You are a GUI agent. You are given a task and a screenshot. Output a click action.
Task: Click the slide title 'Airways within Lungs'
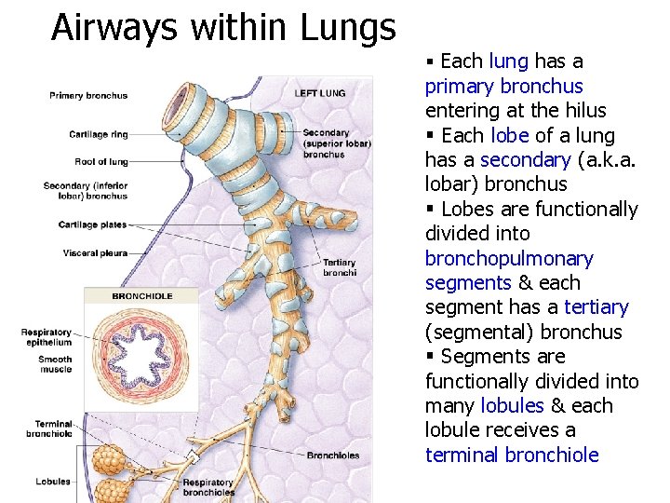(x=223, y=27)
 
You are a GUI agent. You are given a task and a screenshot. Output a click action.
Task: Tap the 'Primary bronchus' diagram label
(x=88, y=96)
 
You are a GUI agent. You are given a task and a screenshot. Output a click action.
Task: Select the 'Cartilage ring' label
(x=99, y=135)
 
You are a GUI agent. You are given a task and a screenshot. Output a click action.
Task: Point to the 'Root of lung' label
(x=101, y=162)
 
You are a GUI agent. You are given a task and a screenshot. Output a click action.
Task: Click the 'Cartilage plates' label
(x=92, y=225)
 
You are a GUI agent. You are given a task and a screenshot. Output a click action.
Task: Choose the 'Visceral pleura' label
(x=95, y=253)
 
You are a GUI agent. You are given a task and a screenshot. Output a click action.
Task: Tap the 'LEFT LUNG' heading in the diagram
(x=319, y=93)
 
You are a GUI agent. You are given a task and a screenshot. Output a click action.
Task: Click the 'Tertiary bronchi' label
(x=339, y=267)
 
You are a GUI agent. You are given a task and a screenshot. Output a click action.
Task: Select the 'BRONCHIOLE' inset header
(x=141, y=296)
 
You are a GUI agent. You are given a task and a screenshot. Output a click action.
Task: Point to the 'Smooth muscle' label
(x=55, y=365)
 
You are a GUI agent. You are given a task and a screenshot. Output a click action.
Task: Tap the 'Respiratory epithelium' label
(x=47, y=337)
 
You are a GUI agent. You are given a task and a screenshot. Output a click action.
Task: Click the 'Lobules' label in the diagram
(x=53, y=482)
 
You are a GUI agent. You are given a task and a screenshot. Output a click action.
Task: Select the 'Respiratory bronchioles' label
(x=208, y=487)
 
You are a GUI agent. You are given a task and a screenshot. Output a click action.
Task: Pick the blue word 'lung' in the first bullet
(x=508, y=62)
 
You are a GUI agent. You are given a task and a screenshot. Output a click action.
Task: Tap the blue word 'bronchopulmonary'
(x=508, y=259)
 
